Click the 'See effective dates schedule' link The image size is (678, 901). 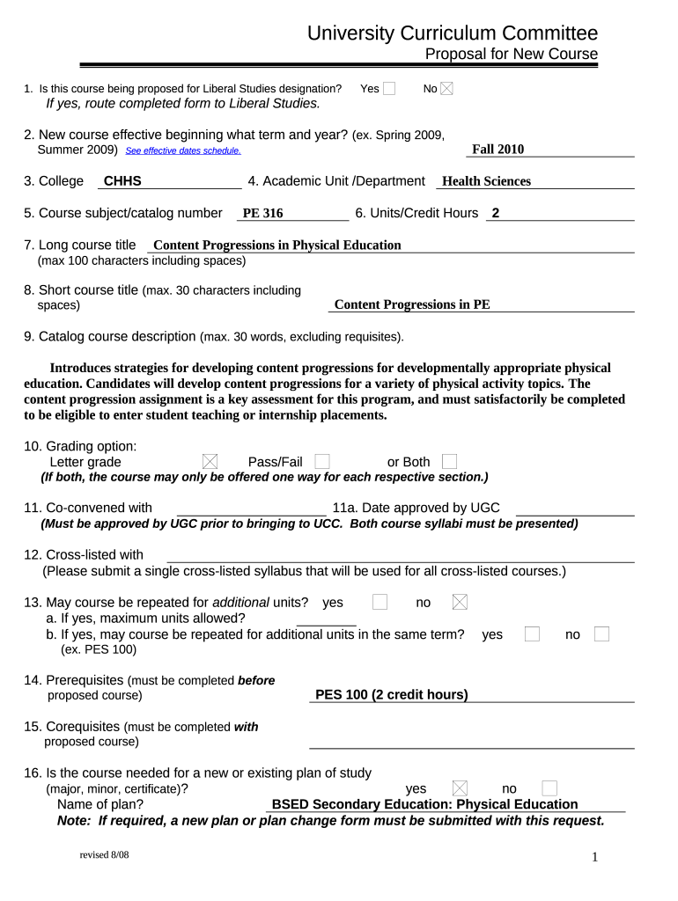183,151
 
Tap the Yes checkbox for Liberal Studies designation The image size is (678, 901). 389,88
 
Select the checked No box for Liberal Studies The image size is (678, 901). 446,88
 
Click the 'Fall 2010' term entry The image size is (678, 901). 497,150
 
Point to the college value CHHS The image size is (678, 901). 122,181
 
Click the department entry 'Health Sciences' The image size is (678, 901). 486,181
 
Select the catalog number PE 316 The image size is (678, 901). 262,214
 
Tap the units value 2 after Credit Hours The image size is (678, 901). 496,213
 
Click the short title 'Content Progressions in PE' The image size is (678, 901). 412,304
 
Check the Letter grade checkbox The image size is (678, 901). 210,462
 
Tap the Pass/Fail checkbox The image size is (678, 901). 322,462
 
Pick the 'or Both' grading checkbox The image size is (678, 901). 449,462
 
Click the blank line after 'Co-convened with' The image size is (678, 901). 251,509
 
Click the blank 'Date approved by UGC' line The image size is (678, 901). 574,509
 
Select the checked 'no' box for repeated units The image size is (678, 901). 460,602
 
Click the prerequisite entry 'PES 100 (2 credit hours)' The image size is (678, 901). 391,695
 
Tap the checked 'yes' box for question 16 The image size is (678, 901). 460,788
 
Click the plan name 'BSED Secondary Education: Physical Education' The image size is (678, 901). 424,804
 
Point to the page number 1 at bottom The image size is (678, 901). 595,858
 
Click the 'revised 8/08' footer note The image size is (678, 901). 104,855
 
